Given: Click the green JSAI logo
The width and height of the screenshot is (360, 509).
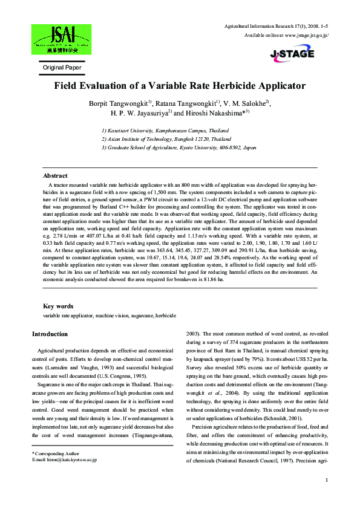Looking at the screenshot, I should [x=61, y=39].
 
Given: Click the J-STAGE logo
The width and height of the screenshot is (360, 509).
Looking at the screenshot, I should [x=292, y=54].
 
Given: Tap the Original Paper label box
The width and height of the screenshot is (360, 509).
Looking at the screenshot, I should [x=61, y=68].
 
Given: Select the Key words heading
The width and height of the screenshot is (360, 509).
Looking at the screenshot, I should [x=58, y=306].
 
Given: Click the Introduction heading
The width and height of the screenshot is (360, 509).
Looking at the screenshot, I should [x=50, y=334].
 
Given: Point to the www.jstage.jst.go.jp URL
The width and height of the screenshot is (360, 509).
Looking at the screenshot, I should [x=306, y=36].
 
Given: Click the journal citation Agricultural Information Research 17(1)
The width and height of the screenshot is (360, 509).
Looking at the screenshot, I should [x=267, y=27].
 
